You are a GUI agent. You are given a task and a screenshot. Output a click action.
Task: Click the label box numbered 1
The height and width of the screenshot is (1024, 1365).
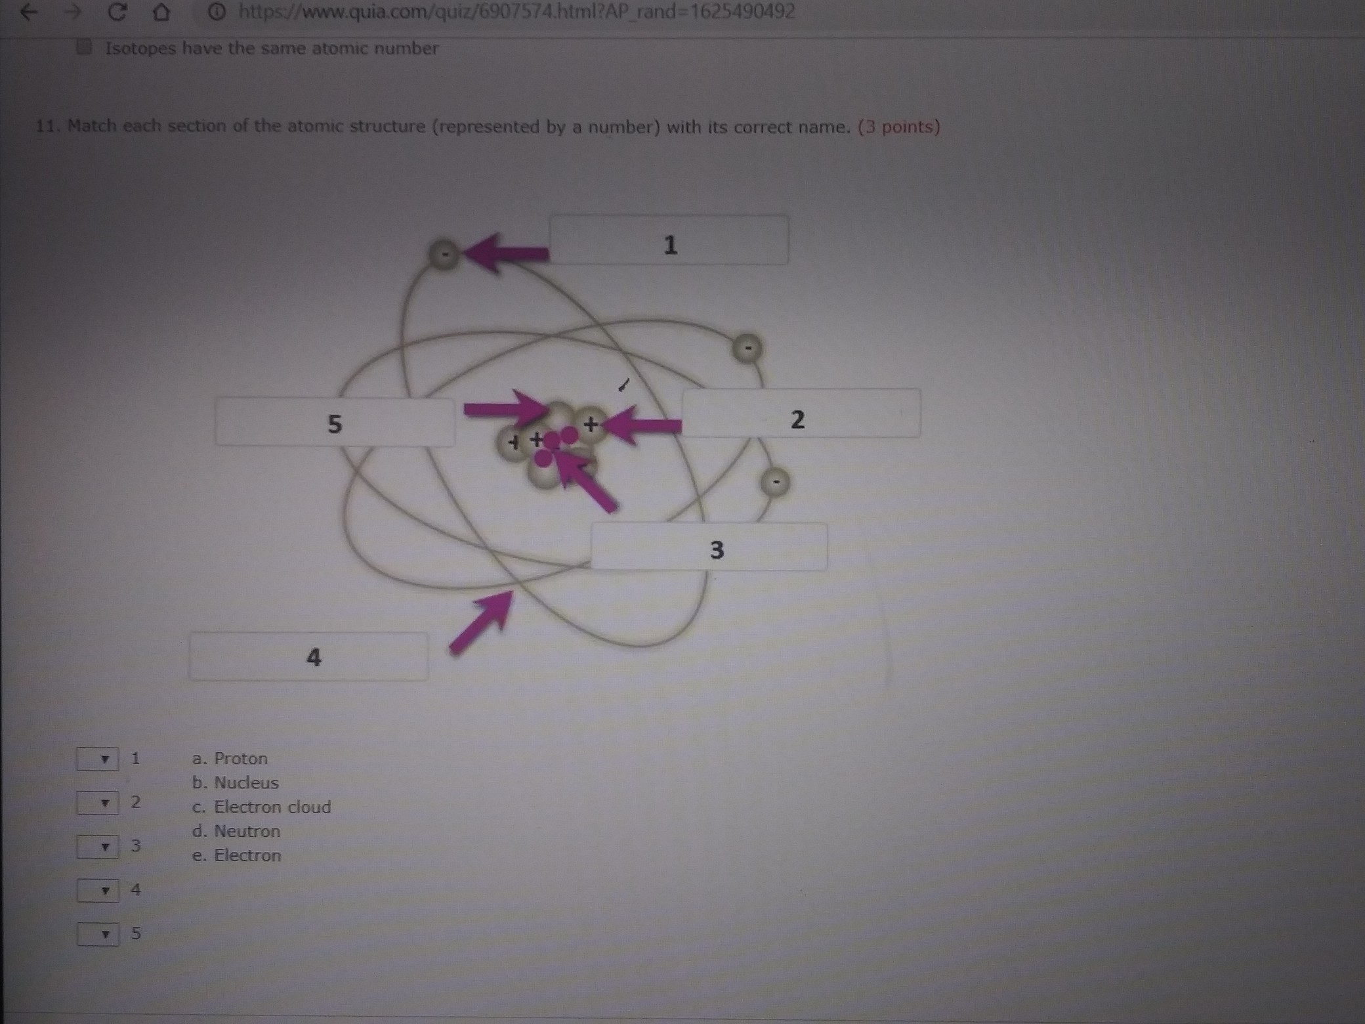click(x=669, y=240)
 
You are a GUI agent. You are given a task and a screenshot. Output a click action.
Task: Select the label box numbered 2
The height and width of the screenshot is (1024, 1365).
click(x=801, y=413)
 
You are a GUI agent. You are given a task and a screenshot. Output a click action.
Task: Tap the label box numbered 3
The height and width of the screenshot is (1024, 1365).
click(x=709, y=546)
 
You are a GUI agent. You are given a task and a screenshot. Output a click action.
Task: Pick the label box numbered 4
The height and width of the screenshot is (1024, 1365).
click(x=308, y=656)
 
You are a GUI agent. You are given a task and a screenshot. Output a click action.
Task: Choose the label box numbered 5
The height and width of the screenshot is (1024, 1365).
click(x=335, y=422)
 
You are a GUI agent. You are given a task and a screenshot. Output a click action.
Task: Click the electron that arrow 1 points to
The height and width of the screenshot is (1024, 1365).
click(x=445, y=254)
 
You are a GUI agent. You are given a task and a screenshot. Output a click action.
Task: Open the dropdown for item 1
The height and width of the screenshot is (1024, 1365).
click(x=98, y=759)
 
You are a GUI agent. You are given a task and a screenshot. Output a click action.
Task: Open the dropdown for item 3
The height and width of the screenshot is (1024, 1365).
click(x=98, y=847)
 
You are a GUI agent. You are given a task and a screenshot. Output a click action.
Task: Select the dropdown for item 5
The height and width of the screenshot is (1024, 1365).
click(x=98, y=934)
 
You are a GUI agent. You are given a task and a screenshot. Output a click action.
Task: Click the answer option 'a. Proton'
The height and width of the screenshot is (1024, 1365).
click(x=230, y=759)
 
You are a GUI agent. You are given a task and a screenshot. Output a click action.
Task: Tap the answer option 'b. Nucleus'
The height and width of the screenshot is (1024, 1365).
click(x=235, y=783)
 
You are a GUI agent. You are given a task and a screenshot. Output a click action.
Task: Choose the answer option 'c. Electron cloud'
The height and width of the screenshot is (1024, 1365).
click(x=261, y=807)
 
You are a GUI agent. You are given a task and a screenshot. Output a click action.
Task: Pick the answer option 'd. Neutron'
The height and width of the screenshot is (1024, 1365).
click(x=236, y=831)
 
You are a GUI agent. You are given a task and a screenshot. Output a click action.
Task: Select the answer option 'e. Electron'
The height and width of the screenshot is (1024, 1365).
click(x=236, y=855)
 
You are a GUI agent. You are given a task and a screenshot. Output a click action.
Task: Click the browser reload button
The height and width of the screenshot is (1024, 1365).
click(x=117, y=12)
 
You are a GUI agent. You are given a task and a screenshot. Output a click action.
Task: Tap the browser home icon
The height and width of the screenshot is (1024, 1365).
click(x=161, y=12)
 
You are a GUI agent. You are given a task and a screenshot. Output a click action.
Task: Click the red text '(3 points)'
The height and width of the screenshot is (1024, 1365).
click(x=899, y=127)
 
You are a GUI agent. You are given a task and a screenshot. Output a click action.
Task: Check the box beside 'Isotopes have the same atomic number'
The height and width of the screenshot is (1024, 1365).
click(x=83, y=47)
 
